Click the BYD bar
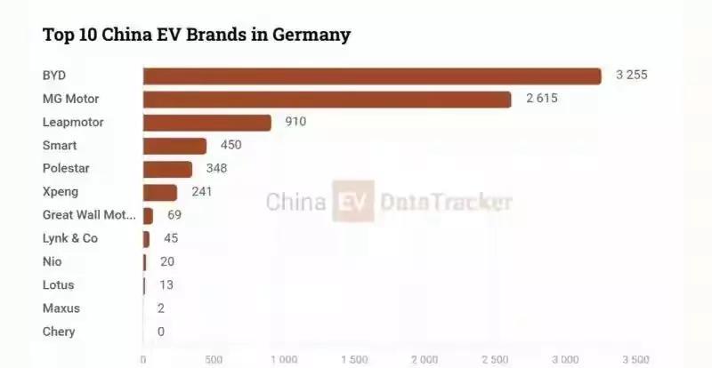[x=372, y=76]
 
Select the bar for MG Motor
[x=327, y=99]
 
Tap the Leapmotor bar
[x=206, y=122]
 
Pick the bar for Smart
[x=174, y=145]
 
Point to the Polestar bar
[x=167, y=168]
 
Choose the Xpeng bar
[x=160, y=191]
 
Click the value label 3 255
[x=631, y=76]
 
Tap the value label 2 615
[x=541, y=99]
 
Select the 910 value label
[x=295, y=122]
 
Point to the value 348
[x=217, y=168]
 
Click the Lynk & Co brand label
[x=70, y=238]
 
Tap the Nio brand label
[x=53, y=261]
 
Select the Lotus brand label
[x=59, y=285]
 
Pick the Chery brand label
[x=59, y=332]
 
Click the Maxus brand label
[x=61, y=308]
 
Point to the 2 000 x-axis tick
[x=425, y=359]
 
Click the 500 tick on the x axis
[x=214, y=359]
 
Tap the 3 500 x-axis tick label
[x=635, y=359]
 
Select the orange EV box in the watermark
[x=353, y=202]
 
